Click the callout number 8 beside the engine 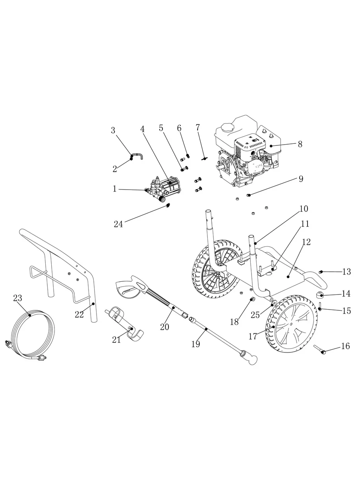300,144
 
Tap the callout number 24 118,224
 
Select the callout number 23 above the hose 18,298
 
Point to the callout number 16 345,346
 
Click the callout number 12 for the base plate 306,242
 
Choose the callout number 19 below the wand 195,344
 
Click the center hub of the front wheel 292,325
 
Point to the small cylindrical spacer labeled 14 319,295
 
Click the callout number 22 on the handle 79,314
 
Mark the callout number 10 304,209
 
